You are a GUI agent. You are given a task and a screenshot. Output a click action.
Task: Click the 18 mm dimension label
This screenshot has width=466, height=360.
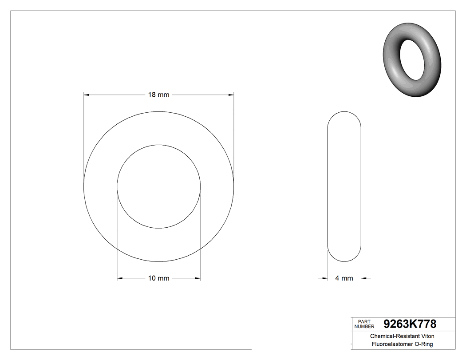pyautogui.click(x=158, y=95)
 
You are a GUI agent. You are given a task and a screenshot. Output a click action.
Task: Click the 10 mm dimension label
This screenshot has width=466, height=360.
pyautogui.click(x=158, y=278)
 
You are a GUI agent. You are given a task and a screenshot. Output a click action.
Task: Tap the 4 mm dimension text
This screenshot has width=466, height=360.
pyautogui.click(x=344, y=278)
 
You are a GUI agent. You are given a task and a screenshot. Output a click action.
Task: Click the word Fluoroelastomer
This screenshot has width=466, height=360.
pyautogui.click(x=389, y=344)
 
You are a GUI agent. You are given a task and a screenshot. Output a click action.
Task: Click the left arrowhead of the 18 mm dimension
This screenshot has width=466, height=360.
pyautogui.click(x=87, y=95)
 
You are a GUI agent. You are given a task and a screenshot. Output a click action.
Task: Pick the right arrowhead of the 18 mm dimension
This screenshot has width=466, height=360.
pyautogui.click(x=231, y=95)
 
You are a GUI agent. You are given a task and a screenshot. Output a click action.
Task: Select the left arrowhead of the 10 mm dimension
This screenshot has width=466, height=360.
pyautogui.click(x=120, y=278)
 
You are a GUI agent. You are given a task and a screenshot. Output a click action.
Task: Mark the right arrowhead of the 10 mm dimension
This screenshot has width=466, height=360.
pyautogui.click(x=197, y=278)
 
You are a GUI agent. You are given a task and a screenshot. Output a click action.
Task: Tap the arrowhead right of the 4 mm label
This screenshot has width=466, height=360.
pyautogui.click(x=364, y=278)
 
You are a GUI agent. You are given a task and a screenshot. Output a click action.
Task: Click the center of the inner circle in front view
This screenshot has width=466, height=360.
pyautogui.click(x=158, y=186)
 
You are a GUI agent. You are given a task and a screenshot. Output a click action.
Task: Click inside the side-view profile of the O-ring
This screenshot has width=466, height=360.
pyautogui.click(x=344, y=186)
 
